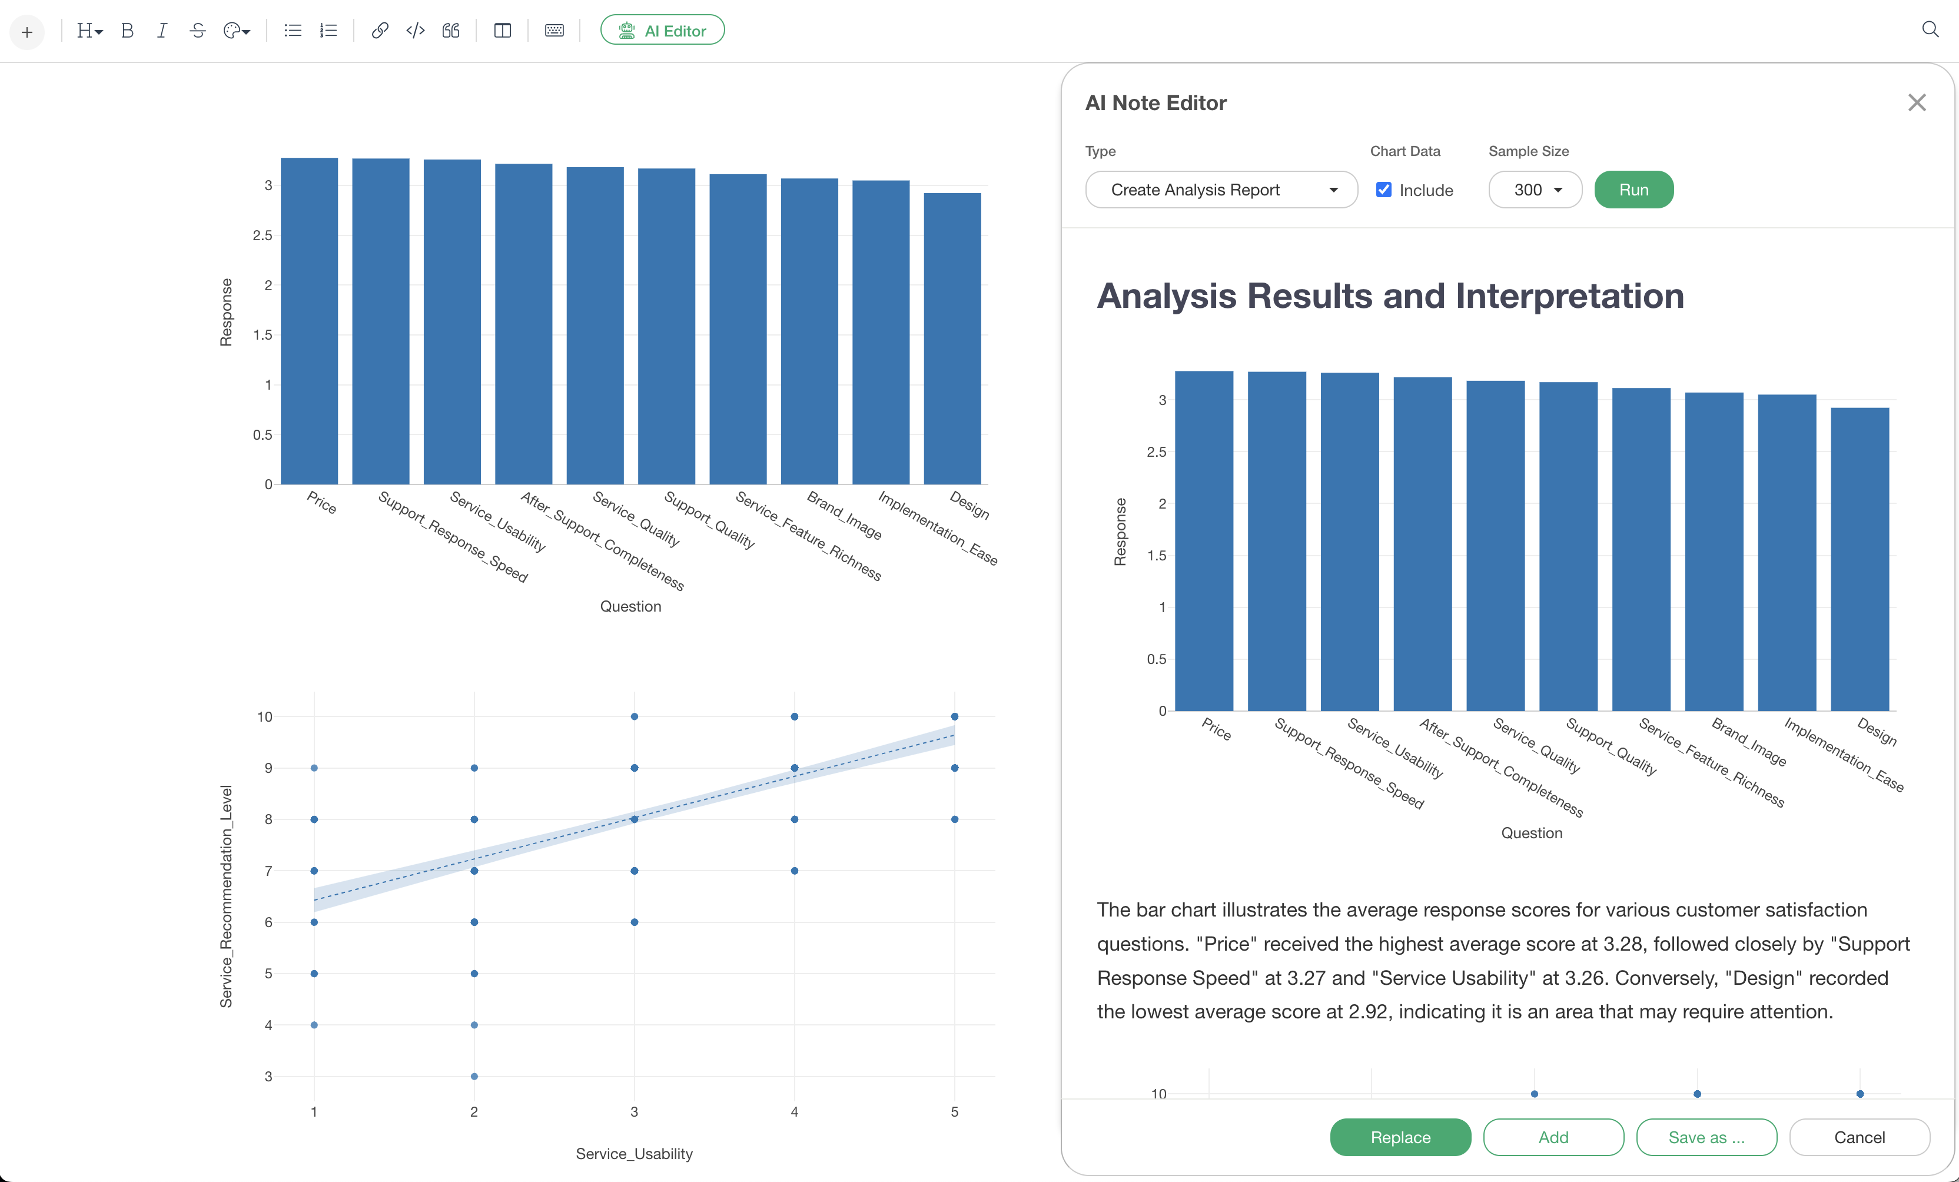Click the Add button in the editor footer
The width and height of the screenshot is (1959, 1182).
(x=1553, y=1137)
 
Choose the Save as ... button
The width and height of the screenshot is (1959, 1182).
(x=1706, y=1137)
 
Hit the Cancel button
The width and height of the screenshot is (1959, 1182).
(x=1859, y=1137)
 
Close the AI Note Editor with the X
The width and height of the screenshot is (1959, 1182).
(x=1916, y=102)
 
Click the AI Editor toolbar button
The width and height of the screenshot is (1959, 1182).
(x=662, y=30)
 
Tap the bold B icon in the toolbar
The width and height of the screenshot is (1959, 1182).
(x=127, y=30)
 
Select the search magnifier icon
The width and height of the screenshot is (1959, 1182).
(x=1930, y=29)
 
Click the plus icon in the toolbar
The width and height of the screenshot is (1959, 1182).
(x=27, y=32)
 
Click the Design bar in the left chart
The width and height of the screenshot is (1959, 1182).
(x=952, y=338)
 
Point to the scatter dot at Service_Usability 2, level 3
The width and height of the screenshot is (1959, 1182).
(x=474, y=1076)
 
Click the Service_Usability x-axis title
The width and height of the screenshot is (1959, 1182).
(x=633, y=1153)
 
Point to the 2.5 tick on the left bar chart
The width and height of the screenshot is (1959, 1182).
(x=263, y=235)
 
